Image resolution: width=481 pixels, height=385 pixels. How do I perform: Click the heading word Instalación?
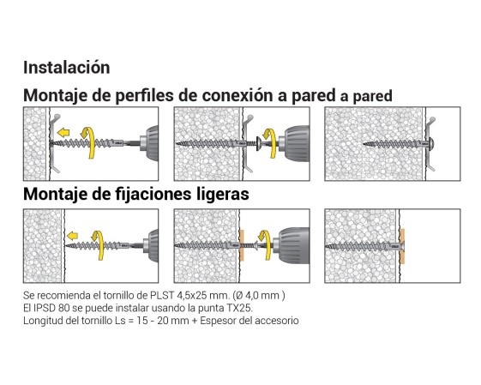67,67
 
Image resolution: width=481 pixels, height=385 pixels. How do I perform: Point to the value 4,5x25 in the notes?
189,296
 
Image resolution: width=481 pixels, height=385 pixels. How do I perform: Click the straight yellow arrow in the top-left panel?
63,133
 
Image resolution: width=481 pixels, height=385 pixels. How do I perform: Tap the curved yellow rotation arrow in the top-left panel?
90,142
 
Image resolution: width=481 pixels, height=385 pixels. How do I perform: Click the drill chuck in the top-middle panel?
295,143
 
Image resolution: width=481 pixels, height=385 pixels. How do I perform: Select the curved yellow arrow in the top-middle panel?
270,143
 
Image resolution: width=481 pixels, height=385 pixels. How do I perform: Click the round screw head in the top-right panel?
431,143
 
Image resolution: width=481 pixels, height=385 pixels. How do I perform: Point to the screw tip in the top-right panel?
364,143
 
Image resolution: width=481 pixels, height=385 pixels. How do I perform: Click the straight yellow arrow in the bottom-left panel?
72,236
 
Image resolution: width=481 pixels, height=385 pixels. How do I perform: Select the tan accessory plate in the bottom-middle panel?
242,245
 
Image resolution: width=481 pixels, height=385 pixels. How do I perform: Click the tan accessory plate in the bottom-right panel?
402,246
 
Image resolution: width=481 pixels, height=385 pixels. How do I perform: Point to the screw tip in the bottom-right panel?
326,246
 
